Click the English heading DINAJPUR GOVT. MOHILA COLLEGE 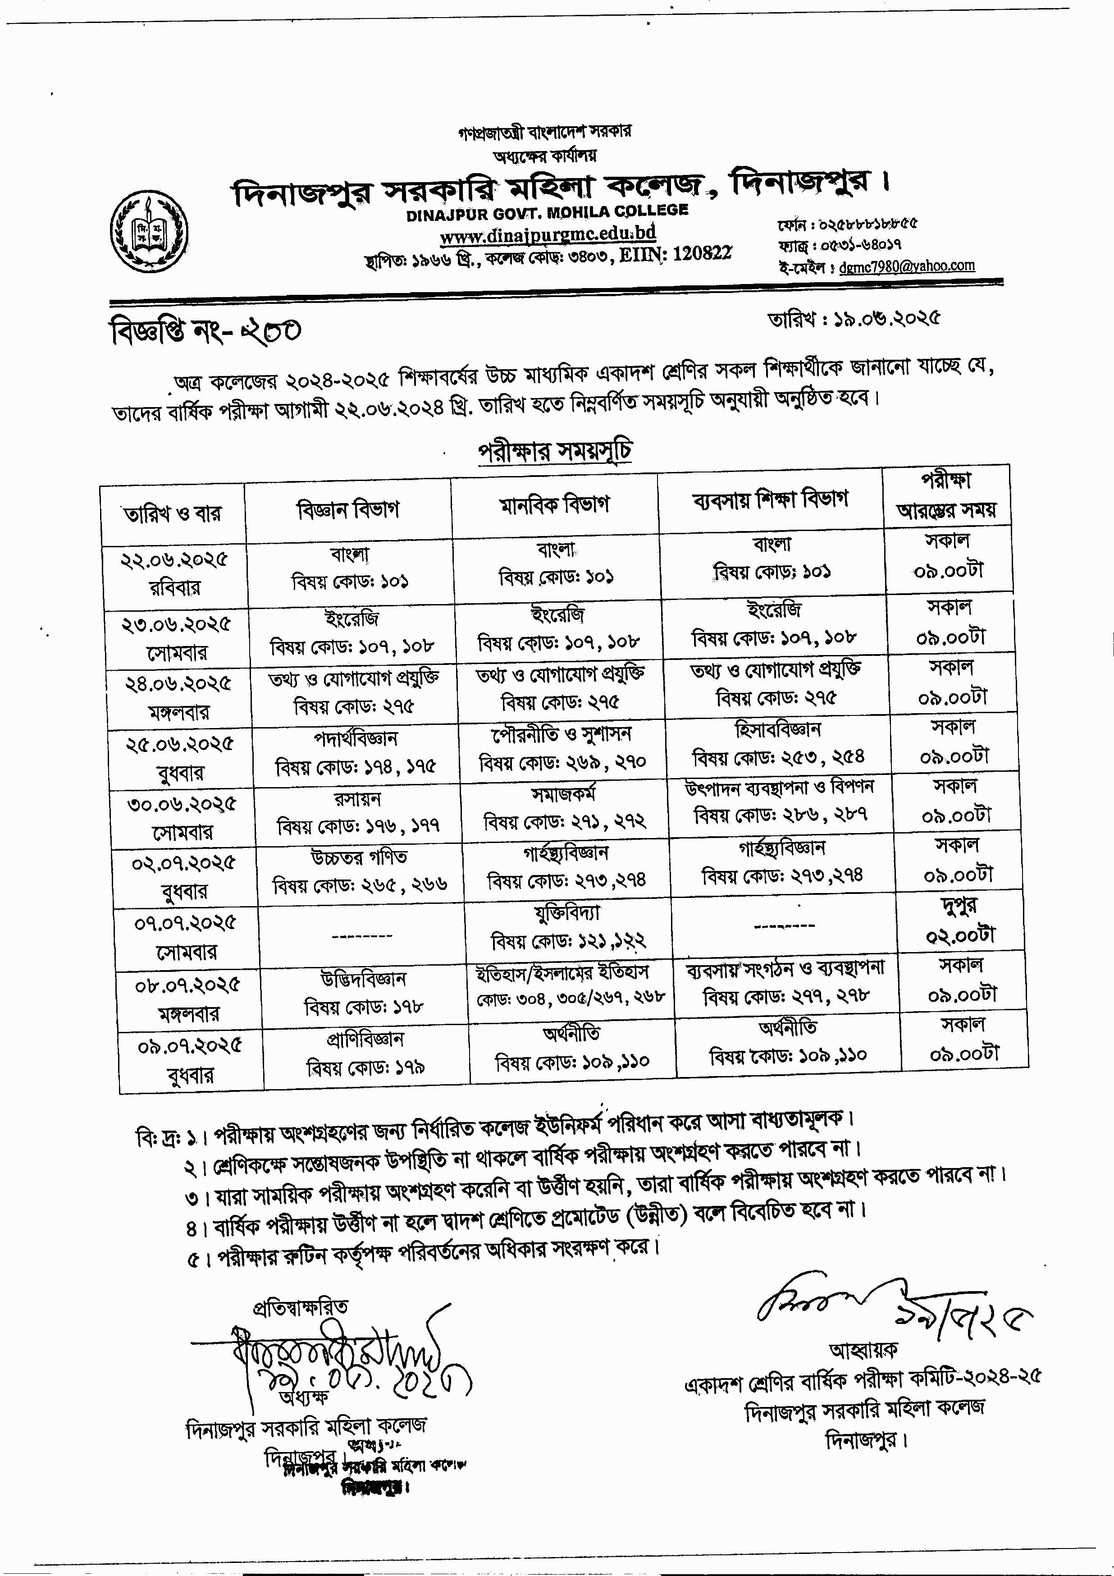pyautogui.click(x=547, y=213)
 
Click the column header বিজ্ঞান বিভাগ pyautogui.click(x=347, y=510)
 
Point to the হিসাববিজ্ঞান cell pyautogui.click(x=778, y=743)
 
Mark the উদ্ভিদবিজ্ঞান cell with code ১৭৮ pyautogui.click(x=364, y=993)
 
